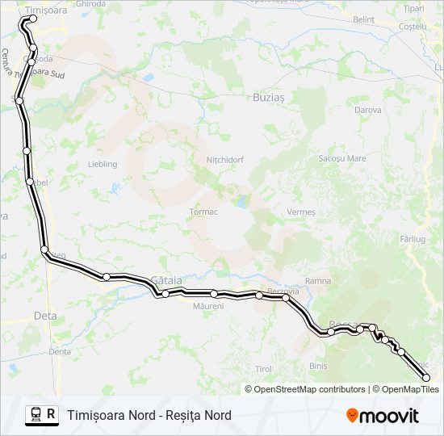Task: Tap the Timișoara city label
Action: (46, 10)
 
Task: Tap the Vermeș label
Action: (300, 212)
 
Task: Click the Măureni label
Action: (208, 306)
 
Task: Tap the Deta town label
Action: (44, 316)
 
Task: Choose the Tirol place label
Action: (263, 368)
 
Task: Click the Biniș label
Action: (318, 366)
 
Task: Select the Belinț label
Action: (364, 19)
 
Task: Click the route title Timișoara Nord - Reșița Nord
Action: (149, 415)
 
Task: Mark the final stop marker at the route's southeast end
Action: (426, 377)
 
